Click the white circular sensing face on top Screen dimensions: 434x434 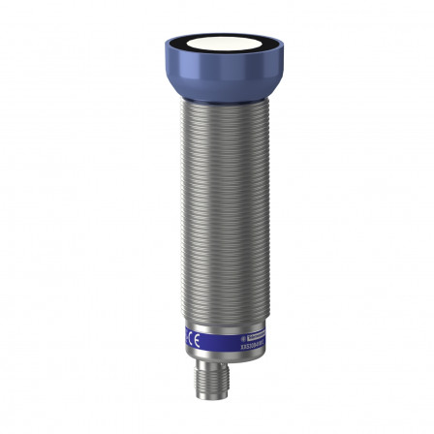(x=216, y=47)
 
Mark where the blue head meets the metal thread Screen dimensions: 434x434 (x=216, y=100)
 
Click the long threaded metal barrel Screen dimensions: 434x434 (x=216, y=213)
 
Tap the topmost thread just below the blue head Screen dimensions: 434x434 (x=216, y=105)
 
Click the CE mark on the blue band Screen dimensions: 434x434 (x=196, y=339)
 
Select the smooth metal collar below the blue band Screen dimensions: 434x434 (x=216, y=356)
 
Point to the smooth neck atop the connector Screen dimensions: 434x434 (x=216, y=368)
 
